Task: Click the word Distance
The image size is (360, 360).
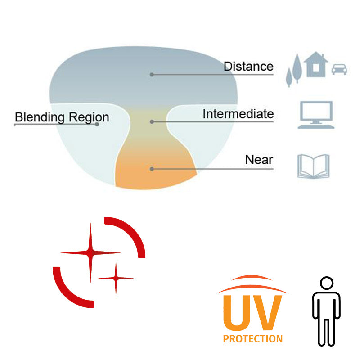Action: [x=248, y=67]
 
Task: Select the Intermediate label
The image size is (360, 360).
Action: [x=238, y=114]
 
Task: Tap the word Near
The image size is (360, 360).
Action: [x=259, y=160]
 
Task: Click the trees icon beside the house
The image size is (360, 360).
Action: [x=294, y=70]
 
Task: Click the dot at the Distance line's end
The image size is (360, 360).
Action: [x=152, y=74]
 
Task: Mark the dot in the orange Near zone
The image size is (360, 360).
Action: [x=152, y=169]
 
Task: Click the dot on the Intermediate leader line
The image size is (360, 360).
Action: [x=152, y=121]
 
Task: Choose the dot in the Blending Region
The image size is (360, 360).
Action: [x=97, y=124]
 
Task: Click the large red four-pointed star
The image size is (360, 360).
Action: [x=90, y=252]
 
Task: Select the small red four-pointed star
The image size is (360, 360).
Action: [x=116, y=278]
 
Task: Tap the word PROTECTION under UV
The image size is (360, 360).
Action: [x=252, y=338]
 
